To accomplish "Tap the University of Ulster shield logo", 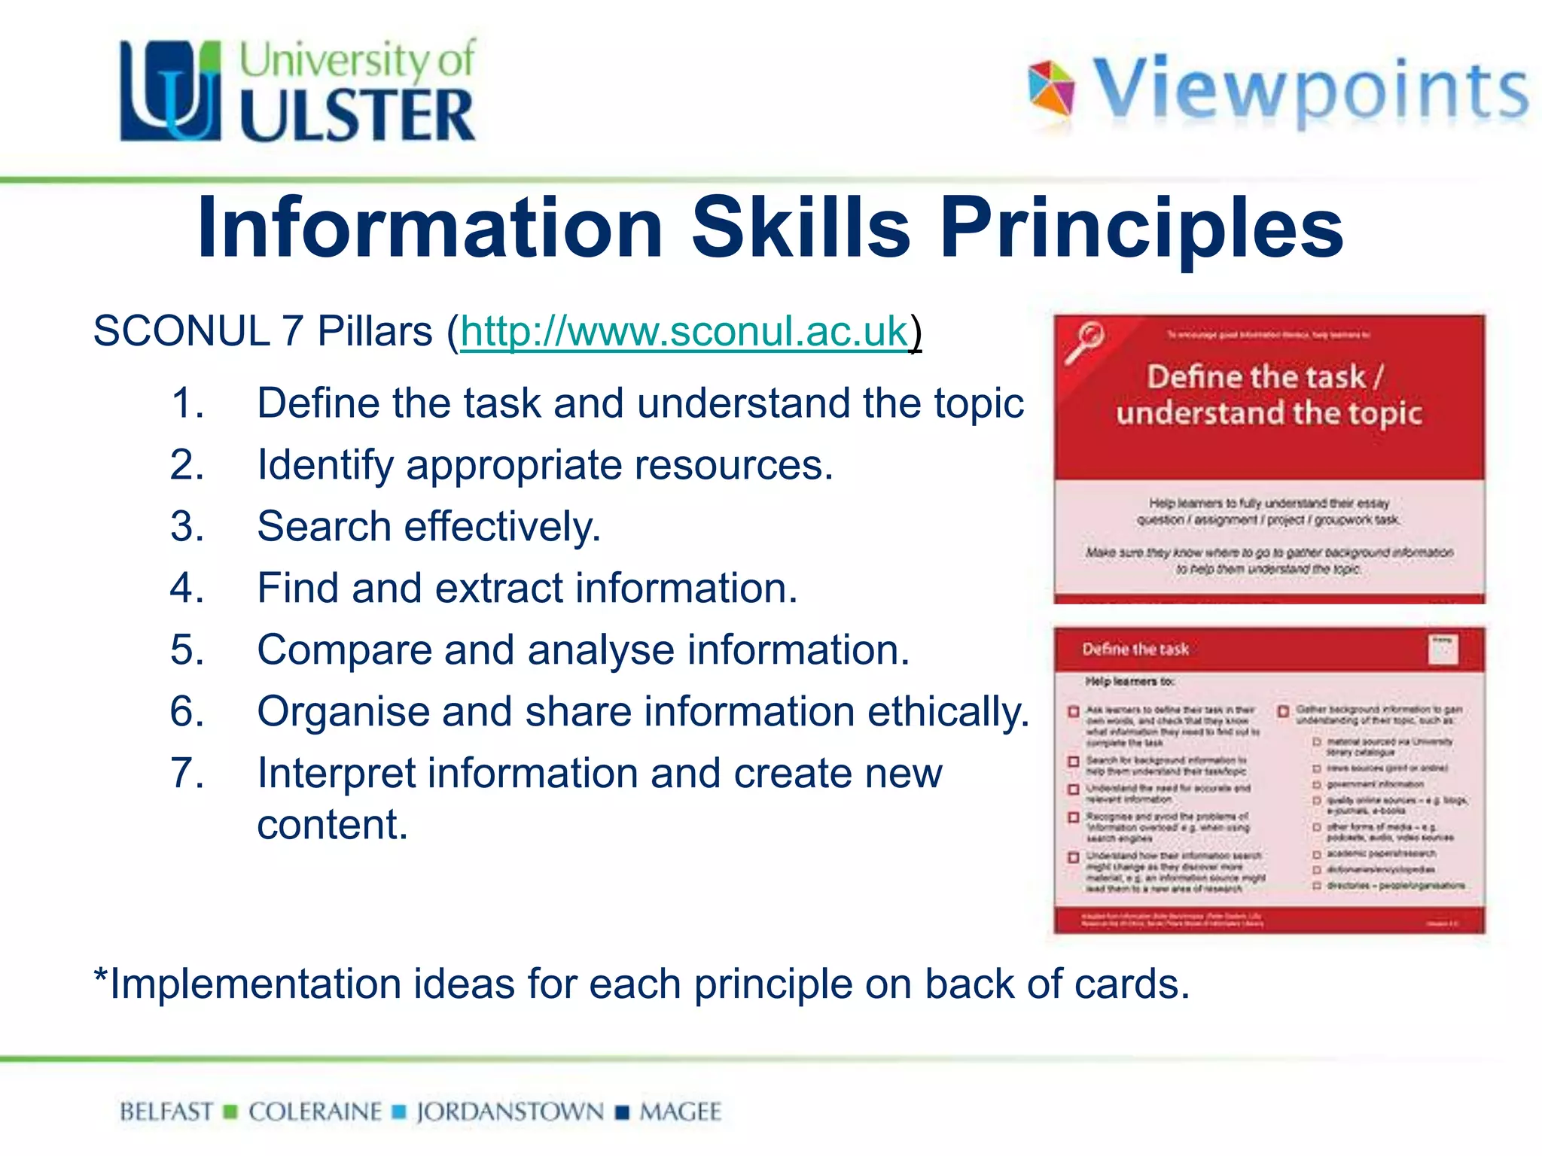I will point(170,92).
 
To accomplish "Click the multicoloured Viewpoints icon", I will point(1051,89).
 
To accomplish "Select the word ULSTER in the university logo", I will point(358,115).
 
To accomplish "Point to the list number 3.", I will point(186,526).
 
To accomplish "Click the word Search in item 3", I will point(324,526).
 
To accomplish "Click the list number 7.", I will point(186,773).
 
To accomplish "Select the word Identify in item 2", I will point(325,465).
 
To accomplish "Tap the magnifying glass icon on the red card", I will point(1084,343).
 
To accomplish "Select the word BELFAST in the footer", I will point(166,1112).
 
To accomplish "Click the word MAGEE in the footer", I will point(680,1112).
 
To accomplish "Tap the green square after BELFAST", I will point(231,1112).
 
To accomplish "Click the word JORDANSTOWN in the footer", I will point(510,1112).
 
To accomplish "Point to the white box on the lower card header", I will point(1442,649).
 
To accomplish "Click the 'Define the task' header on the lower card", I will point(1135,649).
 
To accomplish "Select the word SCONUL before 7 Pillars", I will point(181,332).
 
